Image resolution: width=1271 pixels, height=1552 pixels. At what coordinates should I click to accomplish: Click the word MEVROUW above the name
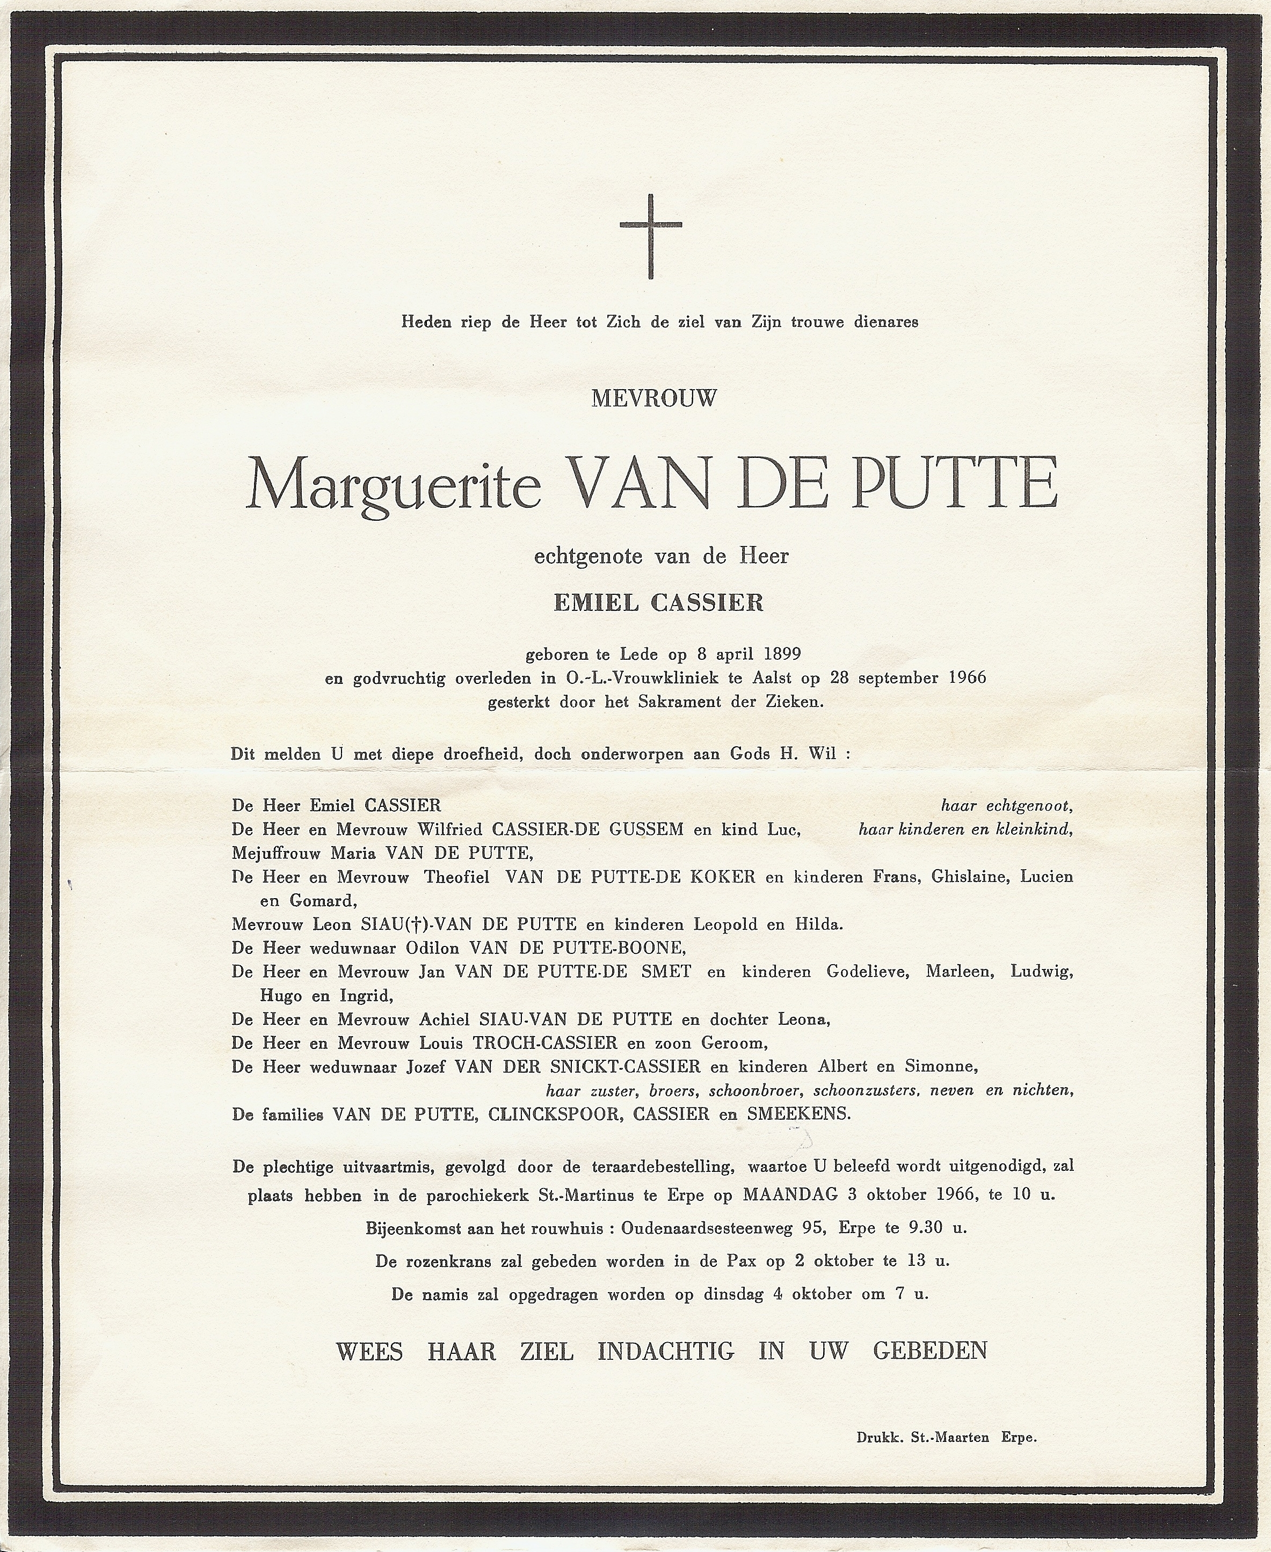coord(654,398)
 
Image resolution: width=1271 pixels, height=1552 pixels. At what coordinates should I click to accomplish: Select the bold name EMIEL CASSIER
coord(659,602)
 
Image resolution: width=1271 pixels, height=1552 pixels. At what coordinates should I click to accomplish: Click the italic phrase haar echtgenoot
coord(1006,806)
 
